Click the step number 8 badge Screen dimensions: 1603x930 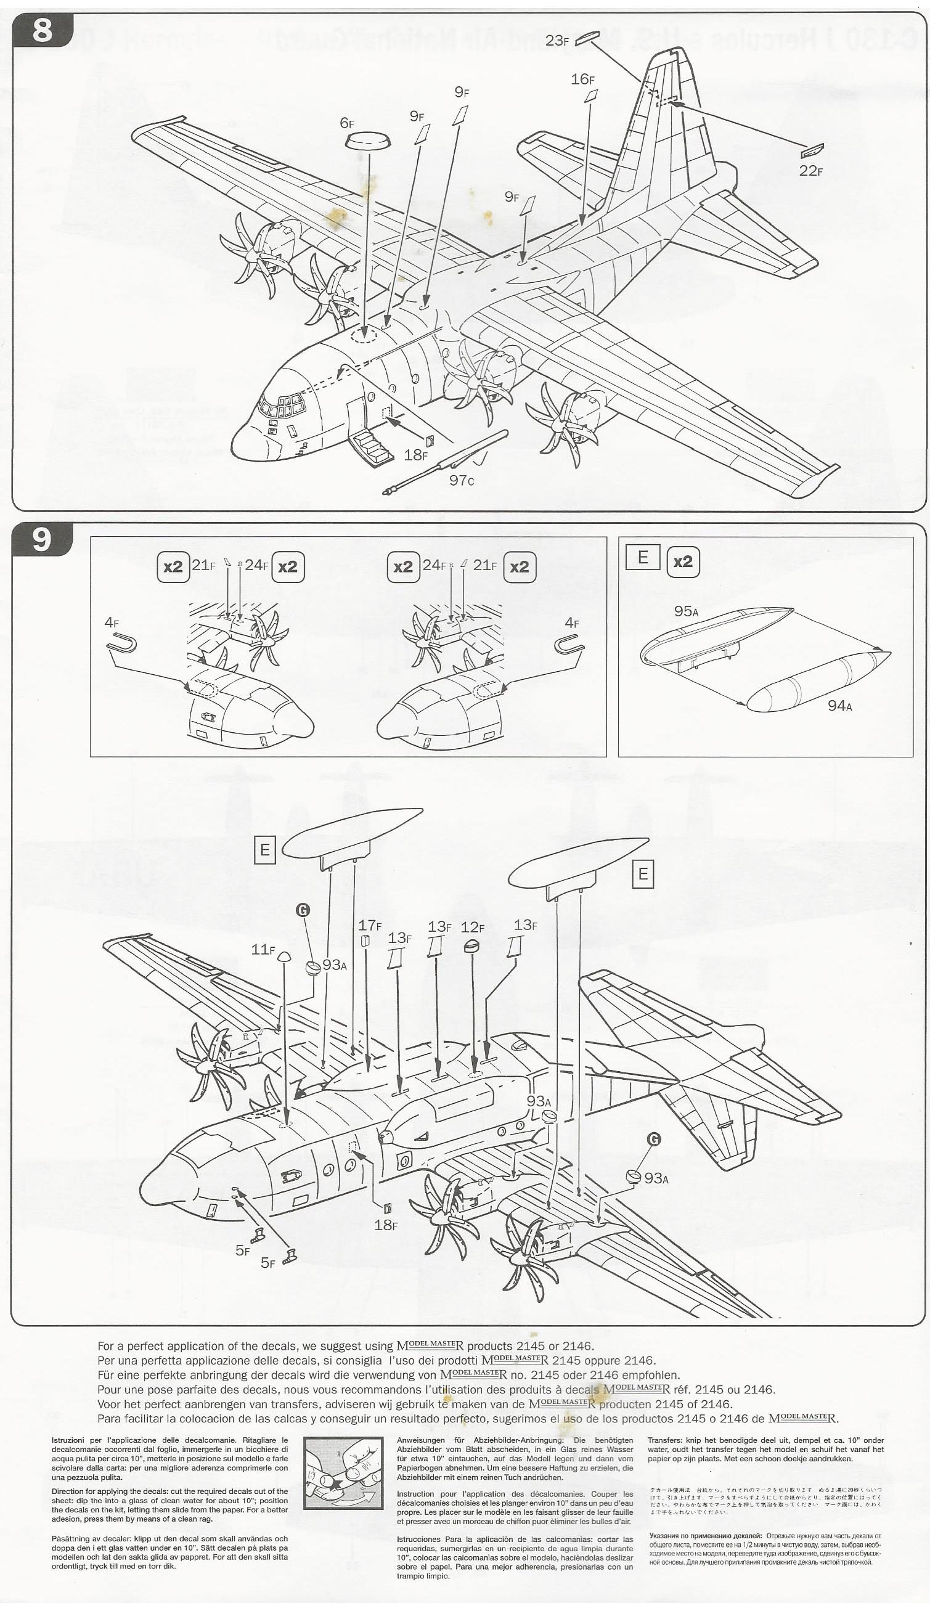pos(42,30)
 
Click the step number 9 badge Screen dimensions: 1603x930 pos(42,539)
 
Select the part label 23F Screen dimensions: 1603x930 pos(557,41)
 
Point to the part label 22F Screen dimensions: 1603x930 pos(810,171)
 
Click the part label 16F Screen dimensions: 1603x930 pos(582,80)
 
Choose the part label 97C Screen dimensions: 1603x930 pos(461,480)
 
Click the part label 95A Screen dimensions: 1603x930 pos(687,611)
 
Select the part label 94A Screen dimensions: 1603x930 pos(839,705)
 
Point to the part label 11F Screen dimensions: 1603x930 pos(263,950)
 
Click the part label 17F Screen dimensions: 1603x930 pos(370,926)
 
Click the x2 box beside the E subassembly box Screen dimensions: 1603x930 pos(682,561)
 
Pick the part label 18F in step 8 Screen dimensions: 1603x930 pos(416,455)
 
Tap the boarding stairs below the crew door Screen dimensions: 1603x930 pos(371,444)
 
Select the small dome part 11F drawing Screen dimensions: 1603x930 pos(284,956)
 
